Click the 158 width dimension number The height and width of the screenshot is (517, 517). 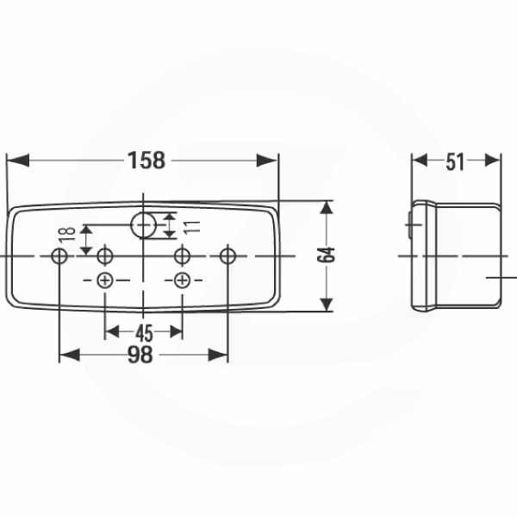146,161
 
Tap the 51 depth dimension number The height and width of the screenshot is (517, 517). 455,162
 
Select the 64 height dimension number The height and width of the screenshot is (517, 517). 326,255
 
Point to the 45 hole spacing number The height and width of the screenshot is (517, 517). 144,333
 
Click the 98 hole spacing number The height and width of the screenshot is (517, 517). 140,355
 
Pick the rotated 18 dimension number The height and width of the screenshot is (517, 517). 67,235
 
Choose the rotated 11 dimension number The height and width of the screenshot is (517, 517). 192,227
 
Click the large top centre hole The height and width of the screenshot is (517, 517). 143,225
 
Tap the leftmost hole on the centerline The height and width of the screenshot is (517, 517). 59,255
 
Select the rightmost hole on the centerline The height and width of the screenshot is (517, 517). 227,255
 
